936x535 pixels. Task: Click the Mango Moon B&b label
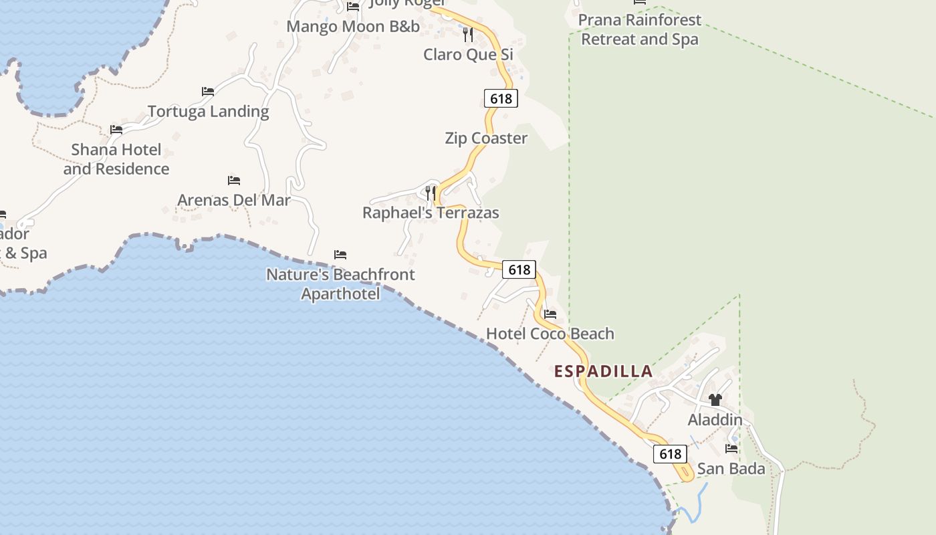click(x=353, y=27)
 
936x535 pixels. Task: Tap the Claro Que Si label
click(x=468, y=54)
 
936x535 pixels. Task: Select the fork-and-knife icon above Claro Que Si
click(x=468, y=34)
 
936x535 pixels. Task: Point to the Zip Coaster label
click(x=486, y=138)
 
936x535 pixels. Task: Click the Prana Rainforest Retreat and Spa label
click(x=640, y=29)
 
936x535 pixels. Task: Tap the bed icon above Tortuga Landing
click(x=208, y=92)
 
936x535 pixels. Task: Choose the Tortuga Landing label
click(x=208, y=112)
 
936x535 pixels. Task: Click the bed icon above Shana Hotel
click(x=116, y=130)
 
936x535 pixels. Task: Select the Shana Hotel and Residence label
click(x=116, y=159)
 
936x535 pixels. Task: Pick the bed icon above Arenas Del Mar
click(x=233, y=181)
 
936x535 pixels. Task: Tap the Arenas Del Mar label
click(x=233, y=200)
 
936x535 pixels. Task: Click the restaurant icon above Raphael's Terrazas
click(x=431, y=193)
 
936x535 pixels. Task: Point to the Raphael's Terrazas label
click(x=431, y=213)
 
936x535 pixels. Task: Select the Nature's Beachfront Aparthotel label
click(x=340, y=284)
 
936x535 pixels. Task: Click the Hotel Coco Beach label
click(x=550, y=334)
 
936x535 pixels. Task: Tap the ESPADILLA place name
click(x=603, y=372)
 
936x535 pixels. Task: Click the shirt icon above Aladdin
click(x=715, y=400)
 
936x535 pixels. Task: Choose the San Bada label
click(x=731, y=469)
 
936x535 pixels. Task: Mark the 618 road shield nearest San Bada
click(x=670, y=454)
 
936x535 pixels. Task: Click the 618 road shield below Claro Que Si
click(x=501, y=99)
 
